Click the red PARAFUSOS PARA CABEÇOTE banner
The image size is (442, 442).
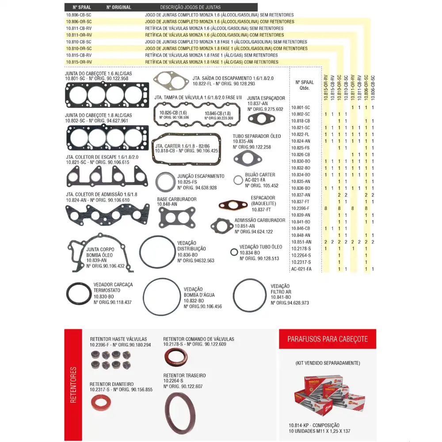tap(327, 339)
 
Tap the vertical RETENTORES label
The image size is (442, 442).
tap(73, 384)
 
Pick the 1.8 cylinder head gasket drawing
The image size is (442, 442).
tap(108, 137)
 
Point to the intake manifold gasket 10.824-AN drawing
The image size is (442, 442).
tap(107, 213)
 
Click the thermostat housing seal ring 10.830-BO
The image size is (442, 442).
tap(79, 293)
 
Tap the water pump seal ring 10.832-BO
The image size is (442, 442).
tap(162, 297)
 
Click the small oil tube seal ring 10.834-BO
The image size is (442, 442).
tap(234, 252)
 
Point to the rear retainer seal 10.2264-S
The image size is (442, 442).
tap(180, 413)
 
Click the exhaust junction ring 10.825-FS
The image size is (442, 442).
tap(165, 181)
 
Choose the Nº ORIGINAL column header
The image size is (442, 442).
tap(119, 8)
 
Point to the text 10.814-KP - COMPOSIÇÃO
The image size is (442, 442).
tap(317, 425)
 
